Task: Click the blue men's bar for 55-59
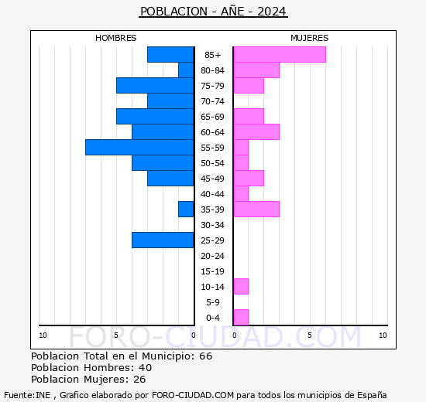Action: coord(139,148)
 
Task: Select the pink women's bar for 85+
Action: coord(280,55)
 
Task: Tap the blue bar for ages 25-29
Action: coord(163,240)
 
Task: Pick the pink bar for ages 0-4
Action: coord(241,318)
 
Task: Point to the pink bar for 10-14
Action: coord(241,287)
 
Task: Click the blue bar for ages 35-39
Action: coord(186,210)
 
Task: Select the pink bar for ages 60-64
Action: coord(256,132)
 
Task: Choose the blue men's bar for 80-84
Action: coord(186,70)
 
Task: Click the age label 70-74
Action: coord(212,101)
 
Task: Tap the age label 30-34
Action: coord(212,225)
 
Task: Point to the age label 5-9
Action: coord(213,302)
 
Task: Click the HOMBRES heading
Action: coord(115,38)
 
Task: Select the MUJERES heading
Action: coord(310,38)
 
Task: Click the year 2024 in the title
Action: coord(272,12)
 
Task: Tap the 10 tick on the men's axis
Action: coord(43,336)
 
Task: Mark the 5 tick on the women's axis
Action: coord(310,336)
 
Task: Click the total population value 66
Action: coord(206,356)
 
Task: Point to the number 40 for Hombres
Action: coord(146,368)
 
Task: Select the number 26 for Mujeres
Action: coord(139,380)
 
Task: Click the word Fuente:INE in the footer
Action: coord(27,395)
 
